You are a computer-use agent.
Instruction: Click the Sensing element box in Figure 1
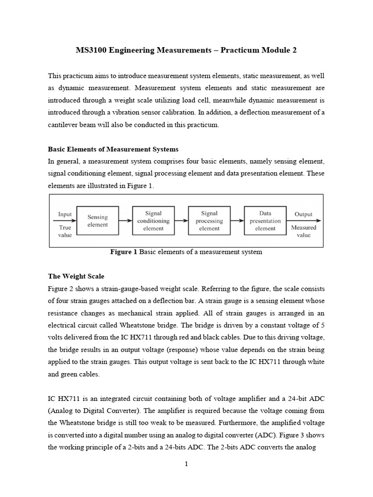[x=97, y=221]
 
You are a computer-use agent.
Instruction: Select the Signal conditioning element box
[x=153, y=221]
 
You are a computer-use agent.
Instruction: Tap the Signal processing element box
[x=209, y=221]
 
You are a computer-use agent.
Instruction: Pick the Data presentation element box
[x=265, y=221]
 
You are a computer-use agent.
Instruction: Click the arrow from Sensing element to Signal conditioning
[x=125, y=220]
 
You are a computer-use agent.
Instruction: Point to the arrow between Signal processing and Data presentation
[x=237, y=220]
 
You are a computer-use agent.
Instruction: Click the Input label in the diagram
[x=65, y=214]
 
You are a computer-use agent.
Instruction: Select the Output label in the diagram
[x=304, y=214]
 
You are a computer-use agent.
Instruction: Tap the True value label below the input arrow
[x=65, y=231]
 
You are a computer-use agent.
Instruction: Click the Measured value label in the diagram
[x=304, y=231]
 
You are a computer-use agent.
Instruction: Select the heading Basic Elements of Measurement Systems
[x=113, y=149]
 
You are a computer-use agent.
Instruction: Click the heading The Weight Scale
[x=76, y=276]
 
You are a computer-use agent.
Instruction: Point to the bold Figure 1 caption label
[x=124, y=252]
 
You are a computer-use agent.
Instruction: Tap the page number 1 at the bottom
[x=186, y=464]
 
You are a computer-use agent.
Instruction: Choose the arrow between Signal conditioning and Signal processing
[x=181, y=220]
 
